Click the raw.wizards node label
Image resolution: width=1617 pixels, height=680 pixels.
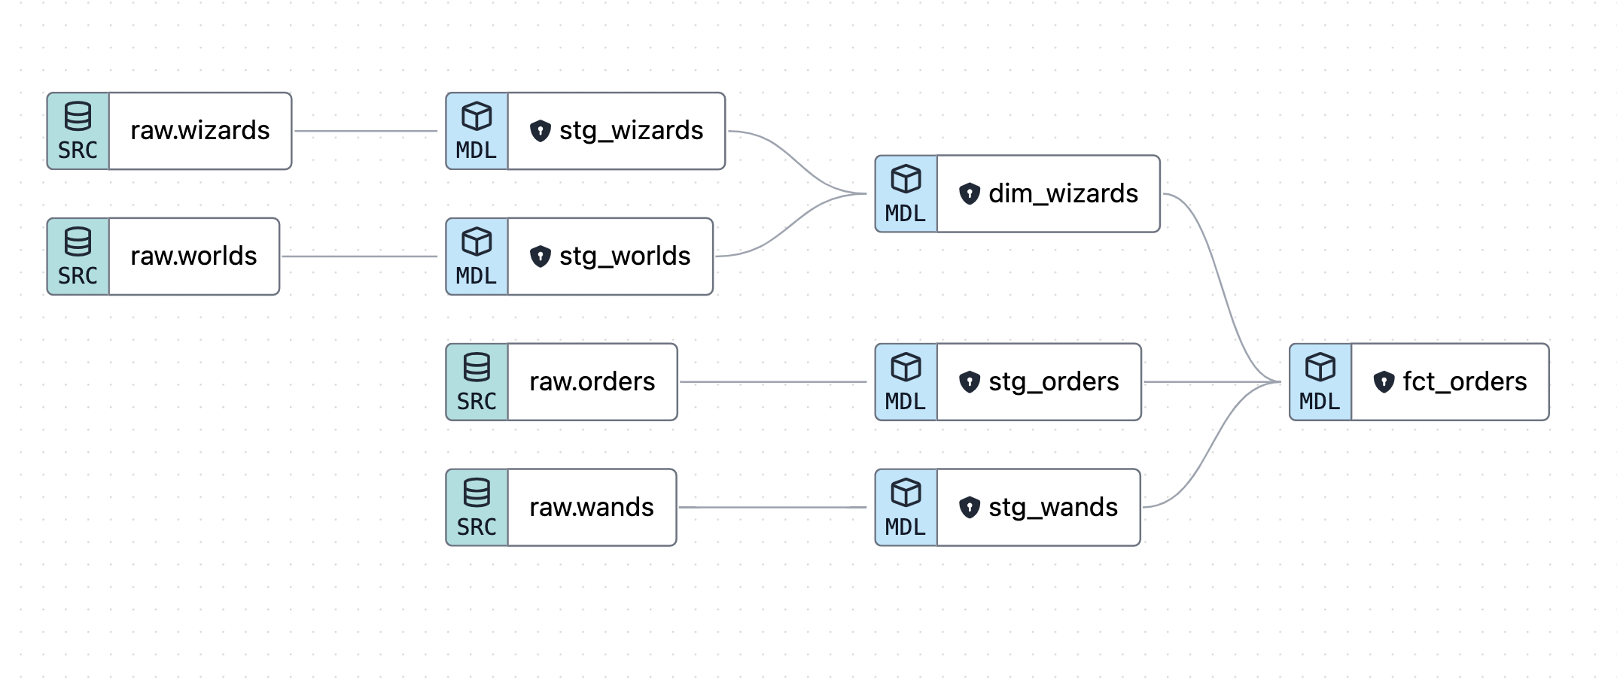199,131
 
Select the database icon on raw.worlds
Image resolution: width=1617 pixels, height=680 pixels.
78,242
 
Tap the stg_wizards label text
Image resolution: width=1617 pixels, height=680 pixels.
631,131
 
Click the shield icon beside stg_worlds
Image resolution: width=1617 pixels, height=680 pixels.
541,257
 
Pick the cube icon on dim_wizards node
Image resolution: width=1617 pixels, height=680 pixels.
906,179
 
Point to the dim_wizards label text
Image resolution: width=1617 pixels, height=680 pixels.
1063,194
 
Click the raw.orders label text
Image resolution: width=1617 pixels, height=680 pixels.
592,382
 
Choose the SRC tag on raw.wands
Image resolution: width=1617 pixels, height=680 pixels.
477,527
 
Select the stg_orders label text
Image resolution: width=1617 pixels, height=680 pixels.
1053,382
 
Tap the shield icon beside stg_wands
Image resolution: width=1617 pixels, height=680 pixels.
970,508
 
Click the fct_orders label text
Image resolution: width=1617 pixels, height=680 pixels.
1464,382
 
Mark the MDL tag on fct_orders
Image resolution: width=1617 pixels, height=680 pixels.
1320,401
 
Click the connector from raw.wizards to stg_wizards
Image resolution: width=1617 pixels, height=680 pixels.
366,131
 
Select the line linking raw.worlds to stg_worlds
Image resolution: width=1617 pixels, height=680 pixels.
360,257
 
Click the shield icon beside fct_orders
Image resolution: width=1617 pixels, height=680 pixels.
1384,382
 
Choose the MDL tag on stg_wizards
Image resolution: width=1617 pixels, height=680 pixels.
477,150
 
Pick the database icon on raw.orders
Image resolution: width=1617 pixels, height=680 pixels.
477,367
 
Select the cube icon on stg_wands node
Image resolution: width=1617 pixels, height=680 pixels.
906,493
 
